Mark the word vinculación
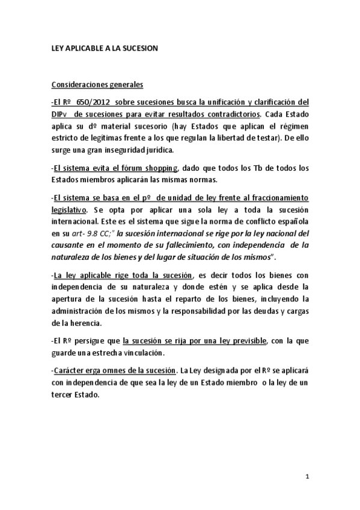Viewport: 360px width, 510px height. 135,352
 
